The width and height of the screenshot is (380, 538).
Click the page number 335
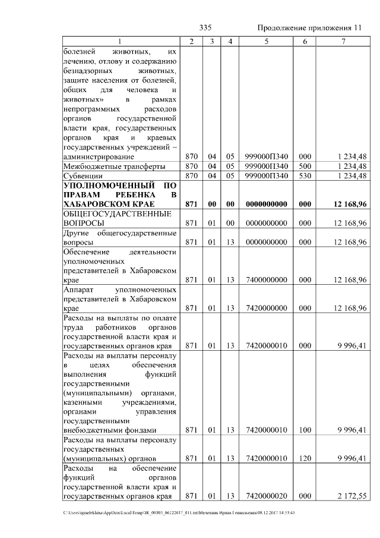point(206,28)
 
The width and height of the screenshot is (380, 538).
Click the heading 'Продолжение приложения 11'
point(309,28)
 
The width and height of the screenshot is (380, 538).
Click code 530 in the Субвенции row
point(305,176)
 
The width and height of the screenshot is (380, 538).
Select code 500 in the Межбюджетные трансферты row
point(305,166)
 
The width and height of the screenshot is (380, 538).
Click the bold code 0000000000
point(266,204)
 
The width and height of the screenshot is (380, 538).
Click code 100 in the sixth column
point(305,430)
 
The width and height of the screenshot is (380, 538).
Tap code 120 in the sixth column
point(305,458)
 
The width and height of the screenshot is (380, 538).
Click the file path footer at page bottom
point(178,512)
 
